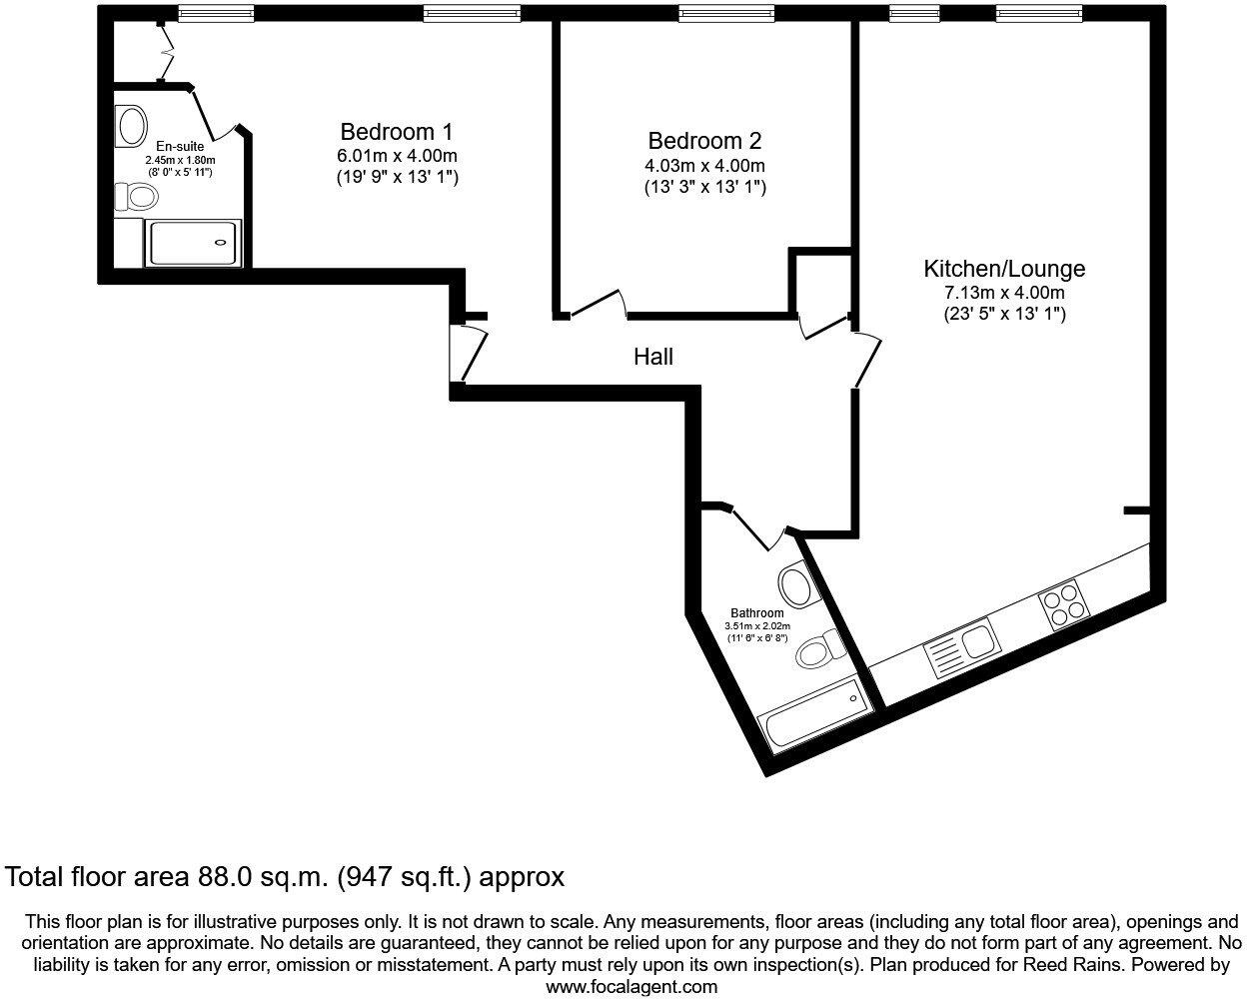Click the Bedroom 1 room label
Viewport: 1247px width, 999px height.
397,132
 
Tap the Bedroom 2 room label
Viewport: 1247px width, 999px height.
704,142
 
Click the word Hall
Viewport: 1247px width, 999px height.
653,357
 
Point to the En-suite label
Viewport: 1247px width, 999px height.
180,147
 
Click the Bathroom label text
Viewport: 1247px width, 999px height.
756,613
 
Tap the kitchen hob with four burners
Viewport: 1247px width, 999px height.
1063,605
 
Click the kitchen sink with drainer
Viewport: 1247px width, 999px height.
959,648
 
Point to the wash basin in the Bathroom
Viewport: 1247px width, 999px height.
794,582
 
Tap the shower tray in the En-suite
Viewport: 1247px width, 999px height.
194,243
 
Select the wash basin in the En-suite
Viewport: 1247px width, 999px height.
131,127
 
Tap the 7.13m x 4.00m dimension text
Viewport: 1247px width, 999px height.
1004,293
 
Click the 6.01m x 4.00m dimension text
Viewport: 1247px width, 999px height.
397,156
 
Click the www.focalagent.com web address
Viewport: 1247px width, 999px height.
630,987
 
